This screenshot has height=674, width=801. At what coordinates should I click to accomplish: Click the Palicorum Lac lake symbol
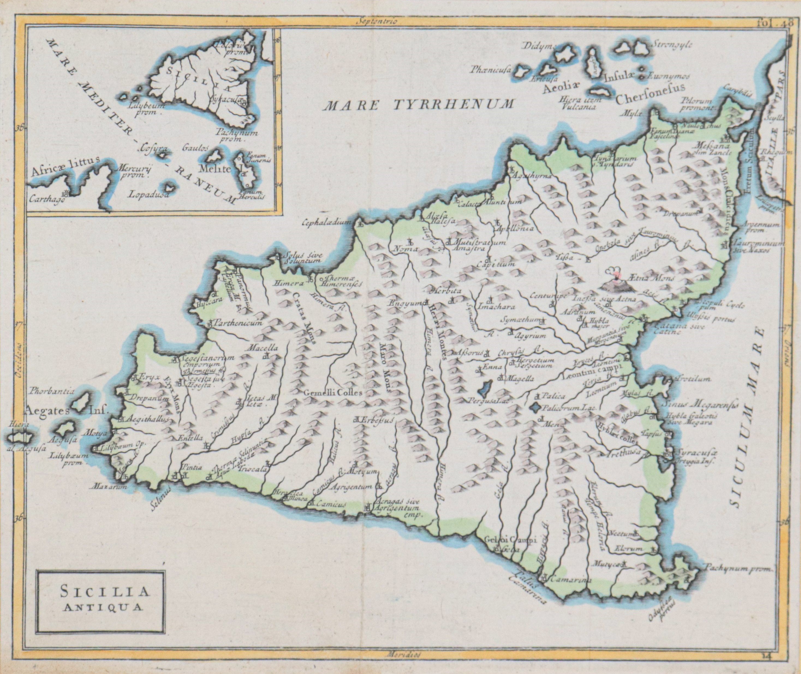(536, 408)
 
